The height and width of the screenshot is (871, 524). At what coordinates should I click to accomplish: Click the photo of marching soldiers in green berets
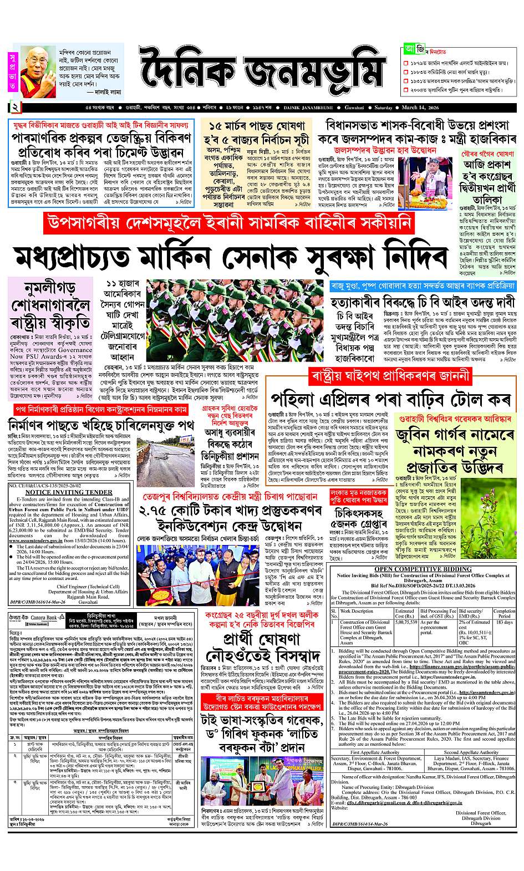pyautogui.click(x=233, y=321)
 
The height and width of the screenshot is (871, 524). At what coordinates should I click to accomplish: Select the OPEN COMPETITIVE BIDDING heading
pyautogui.click(x=423, y=569)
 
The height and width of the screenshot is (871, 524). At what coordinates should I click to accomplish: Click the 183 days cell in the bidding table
pyautogui.click(x=504, y=622)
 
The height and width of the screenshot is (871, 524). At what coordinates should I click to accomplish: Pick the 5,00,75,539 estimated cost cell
pyautogui.click(x=406, y=622)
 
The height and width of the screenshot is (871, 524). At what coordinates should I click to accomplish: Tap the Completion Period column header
pyautogui.click(x=504, y=613)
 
